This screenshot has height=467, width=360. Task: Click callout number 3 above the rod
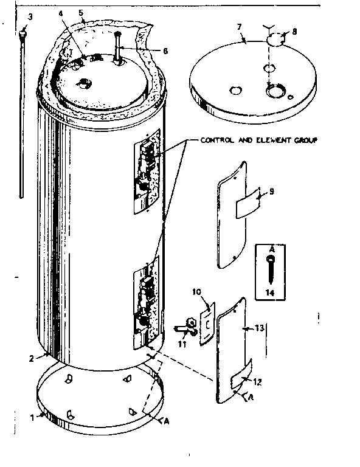tap(24, 16)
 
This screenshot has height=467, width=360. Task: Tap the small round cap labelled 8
tap(275, 41)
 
